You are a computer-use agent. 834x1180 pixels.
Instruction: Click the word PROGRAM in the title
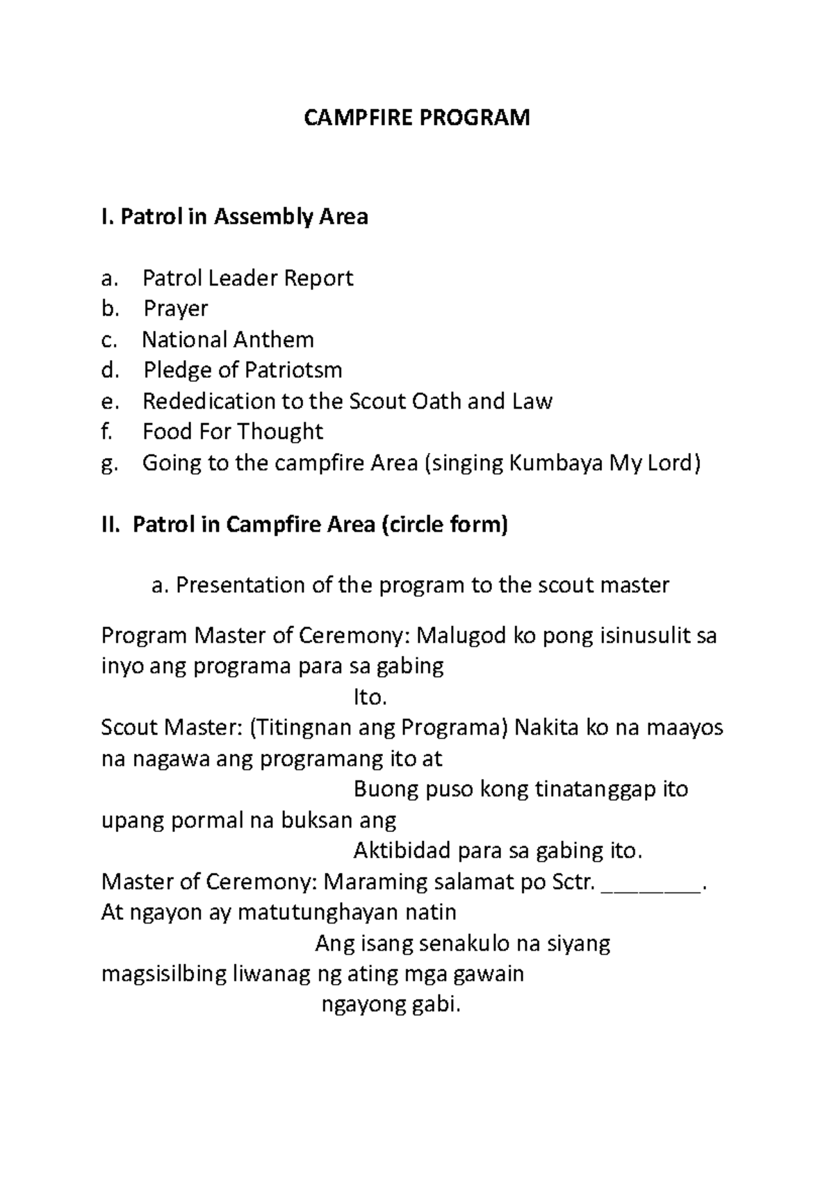tap(473, 117)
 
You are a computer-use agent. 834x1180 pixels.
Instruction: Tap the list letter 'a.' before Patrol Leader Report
tap(110, 279)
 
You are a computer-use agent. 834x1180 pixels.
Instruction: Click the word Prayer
tap(176, 309)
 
